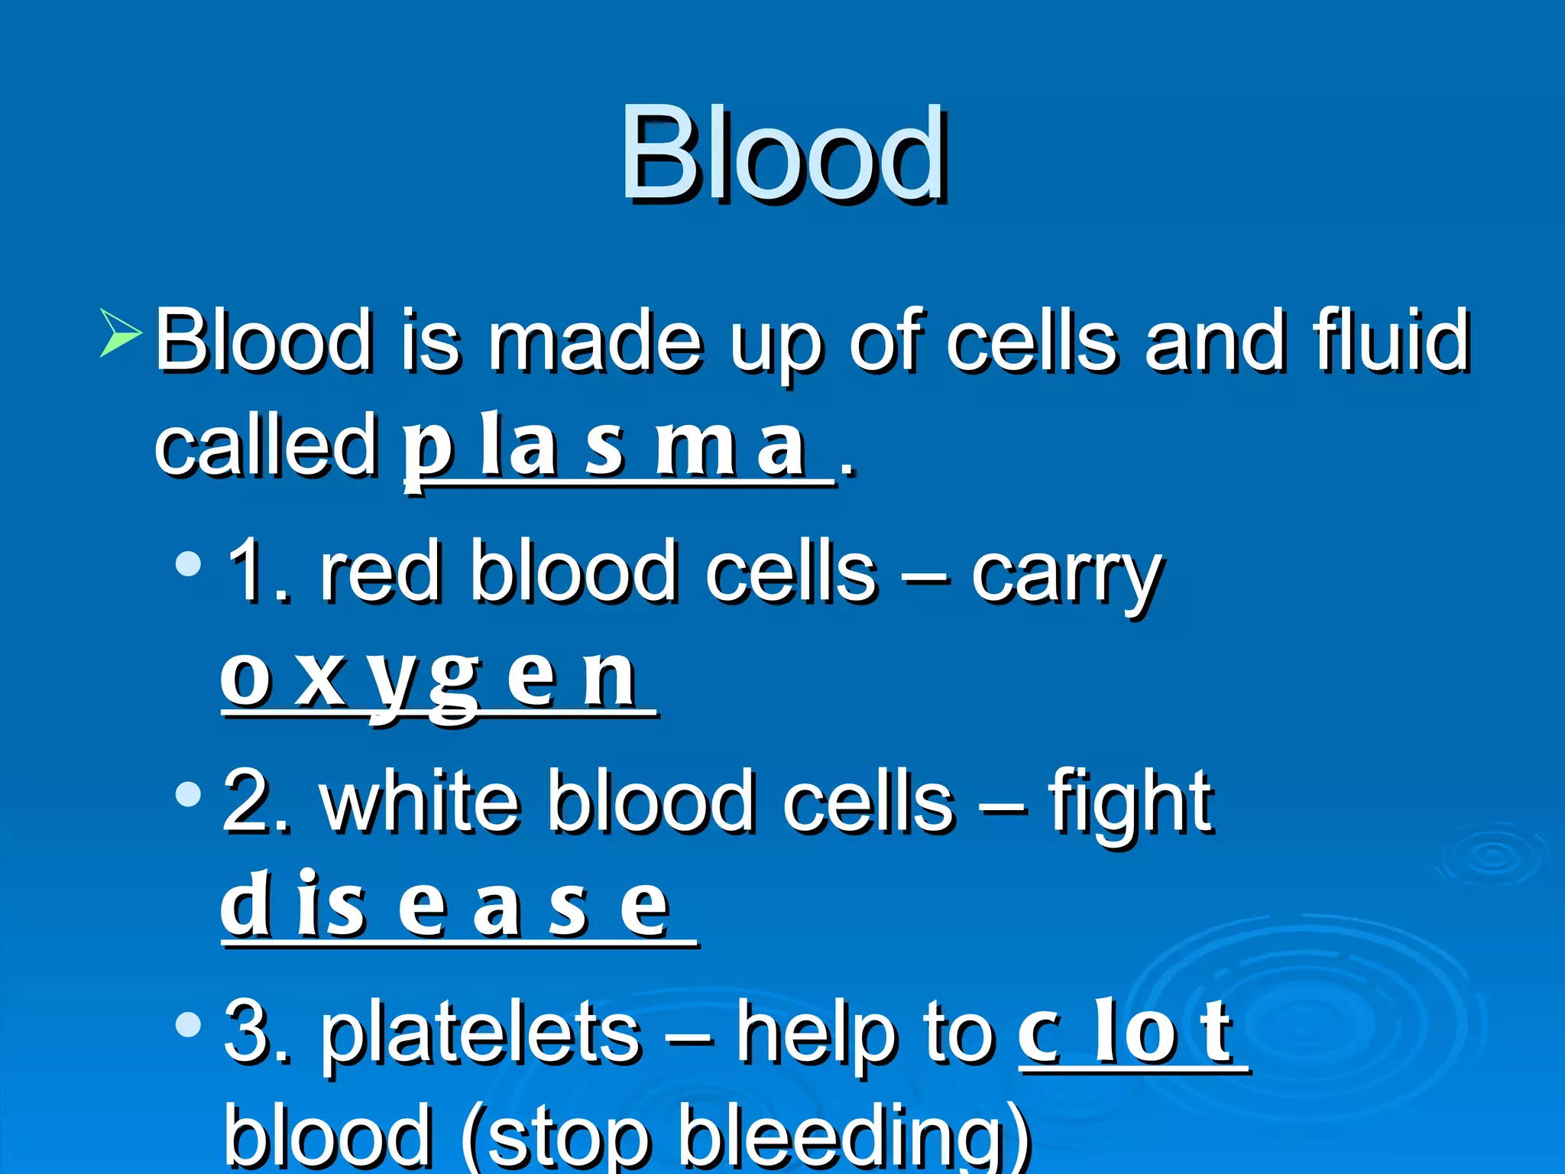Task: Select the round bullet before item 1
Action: pos(188,565)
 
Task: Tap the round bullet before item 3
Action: pos(188,1024)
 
